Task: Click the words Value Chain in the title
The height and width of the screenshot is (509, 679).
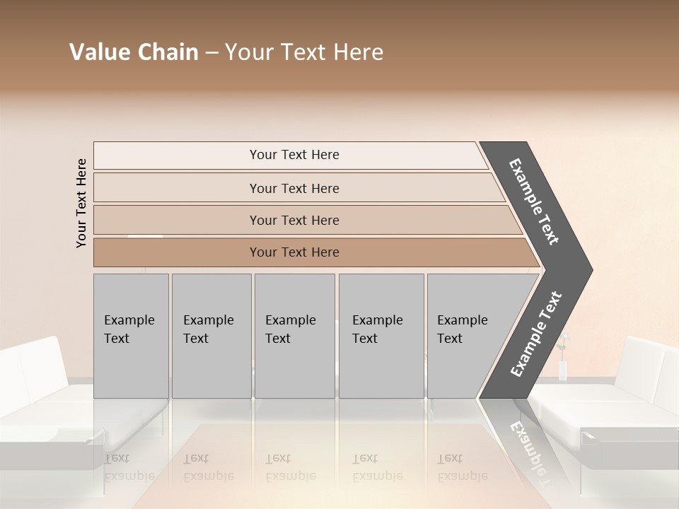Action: [134, 52]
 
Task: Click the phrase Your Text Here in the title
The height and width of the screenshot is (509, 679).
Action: [304, 52]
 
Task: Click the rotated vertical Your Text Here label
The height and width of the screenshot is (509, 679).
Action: [82, 203]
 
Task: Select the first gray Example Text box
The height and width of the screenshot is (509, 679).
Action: [131, 336]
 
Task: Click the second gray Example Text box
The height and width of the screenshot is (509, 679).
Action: [211, 336]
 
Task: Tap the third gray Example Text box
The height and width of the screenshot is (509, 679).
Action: [294, 336]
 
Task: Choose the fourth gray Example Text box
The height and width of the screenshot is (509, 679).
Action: [381, 336]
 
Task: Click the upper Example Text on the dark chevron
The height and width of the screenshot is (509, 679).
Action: [535, 201]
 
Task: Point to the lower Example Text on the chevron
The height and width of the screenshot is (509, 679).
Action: [536, 334]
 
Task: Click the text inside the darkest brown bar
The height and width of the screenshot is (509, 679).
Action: [294, 252]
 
